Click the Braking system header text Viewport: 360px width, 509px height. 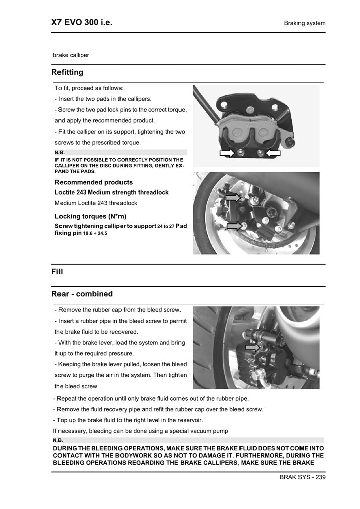tap(305, 23)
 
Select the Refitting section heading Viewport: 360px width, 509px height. tap(67, 72)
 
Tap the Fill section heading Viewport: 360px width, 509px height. tap(57, 272)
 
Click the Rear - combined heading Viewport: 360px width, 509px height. tap(82, 294)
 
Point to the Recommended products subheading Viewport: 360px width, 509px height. tap(94, 182)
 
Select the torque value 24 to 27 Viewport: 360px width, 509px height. tap(166, 226)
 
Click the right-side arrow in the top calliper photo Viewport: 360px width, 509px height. tap(273, 153)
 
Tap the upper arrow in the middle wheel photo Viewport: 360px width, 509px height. tap(233, 198)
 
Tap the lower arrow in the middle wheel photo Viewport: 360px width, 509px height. tap(234, 226)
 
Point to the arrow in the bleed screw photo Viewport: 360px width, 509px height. tap(252, 347)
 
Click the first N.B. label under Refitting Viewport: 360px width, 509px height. tap(59, 152)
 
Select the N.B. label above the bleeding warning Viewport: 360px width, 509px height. tap(57, 440)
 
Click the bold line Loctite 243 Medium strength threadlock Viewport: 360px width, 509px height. tap(111, 193)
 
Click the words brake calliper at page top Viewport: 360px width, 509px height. tap(71, 55)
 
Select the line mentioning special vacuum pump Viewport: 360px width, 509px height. tap(141, 431)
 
